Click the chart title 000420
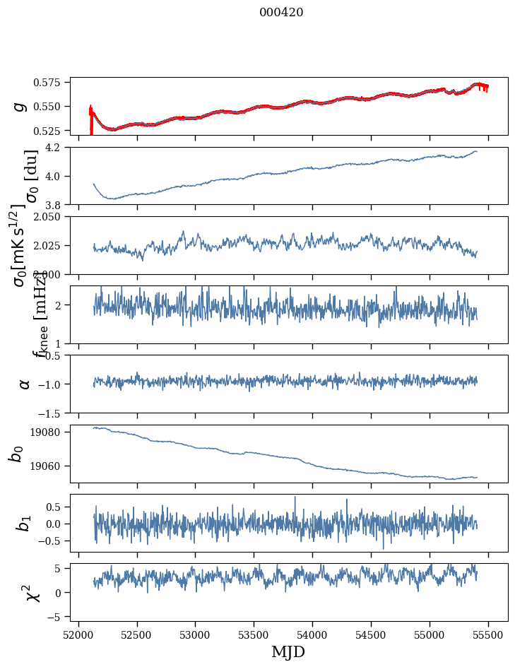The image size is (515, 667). [x=281, y=12]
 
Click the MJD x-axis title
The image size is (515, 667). [x=288, y=651]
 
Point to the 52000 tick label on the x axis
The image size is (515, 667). [x=78, y=634]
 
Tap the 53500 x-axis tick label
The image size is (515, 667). [x=254, y=634]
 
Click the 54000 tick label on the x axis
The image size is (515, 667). [x=313, y=634]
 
